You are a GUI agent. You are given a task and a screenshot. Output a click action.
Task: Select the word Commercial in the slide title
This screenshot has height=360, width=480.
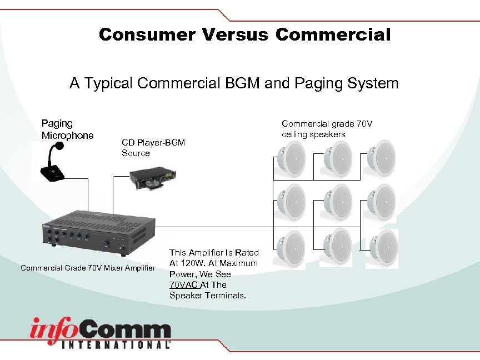(x=333, y=35)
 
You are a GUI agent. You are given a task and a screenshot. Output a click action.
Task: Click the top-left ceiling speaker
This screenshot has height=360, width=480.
(x=291, y=158)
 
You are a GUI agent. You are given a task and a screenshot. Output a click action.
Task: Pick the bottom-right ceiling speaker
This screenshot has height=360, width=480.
(x=382, y=246)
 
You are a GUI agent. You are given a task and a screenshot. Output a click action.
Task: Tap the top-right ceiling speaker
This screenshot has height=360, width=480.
(x=382, y=158)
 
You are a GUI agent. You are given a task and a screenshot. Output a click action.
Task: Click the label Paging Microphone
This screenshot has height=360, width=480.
(x=67, y=129)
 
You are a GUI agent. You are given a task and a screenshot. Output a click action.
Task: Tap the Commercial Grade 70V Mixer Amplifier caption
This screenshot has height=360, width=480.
(x=88, y=268)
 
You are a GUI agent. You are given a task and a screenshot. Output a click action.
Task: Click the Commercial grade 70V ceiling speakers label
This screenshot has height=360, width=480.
(x=327, y=129)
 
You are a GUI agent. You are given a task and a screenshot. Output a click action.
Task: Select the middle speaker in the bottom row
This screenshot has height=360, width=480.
(x=336, y=246)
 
